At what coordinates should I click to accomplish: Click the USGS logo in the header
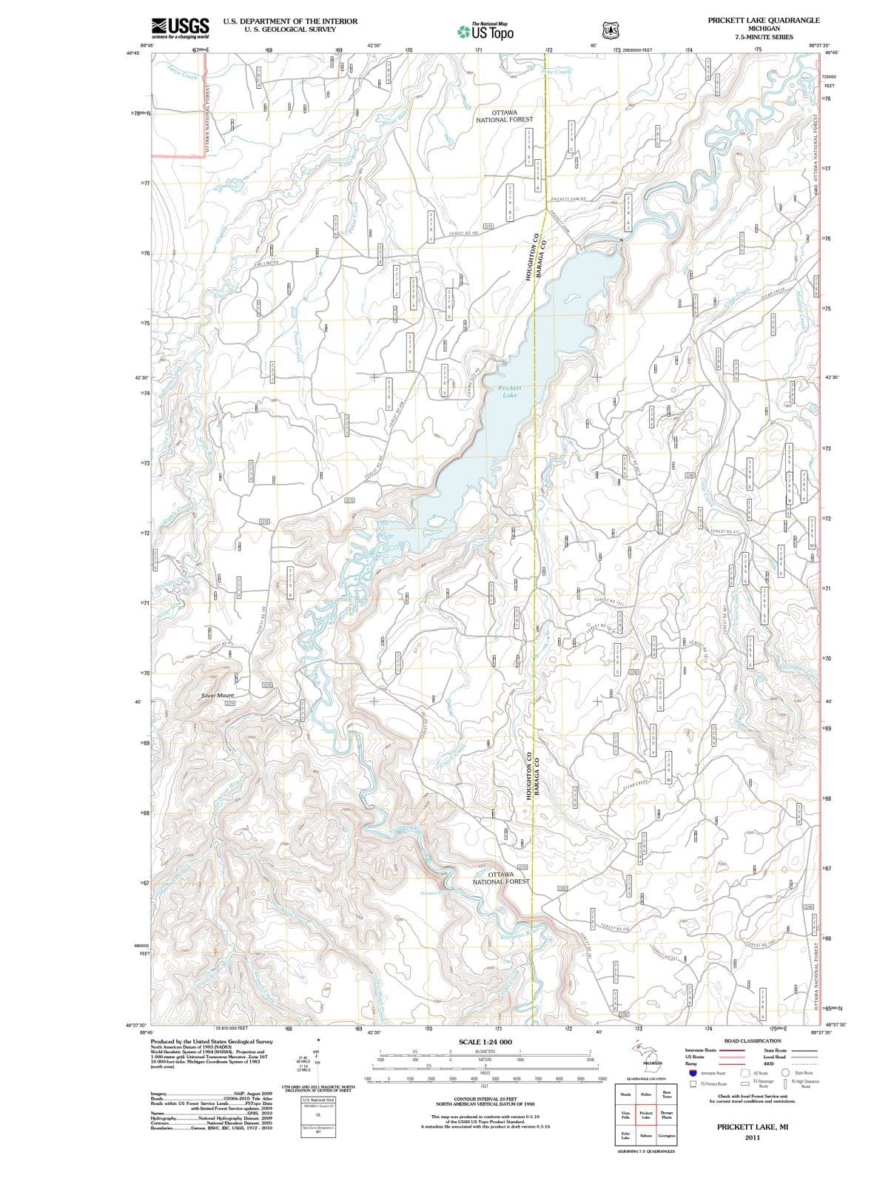[180, 27]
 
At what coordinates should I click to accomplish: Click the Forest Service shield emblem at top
[611, 31]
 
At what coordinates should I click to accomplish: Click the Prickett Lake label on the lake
[509, 391]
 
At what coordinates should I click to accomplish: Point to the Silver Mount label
[218, 696]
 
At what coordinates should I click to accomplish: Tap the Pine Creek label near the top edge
[556, 72]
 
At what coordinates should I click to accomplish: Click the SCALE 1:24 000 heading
[485, 1041]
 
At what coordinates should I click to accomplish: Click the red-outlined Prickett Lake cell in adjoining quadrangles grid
[645, 1115]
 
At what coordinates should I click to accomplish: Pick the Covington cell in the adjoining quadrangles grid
[667, 1135]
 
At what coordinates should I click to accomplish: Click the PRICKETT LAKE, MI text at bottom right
[752, 1126]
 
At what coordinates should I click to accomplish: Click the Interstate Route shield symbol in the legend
[692, 1073]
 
